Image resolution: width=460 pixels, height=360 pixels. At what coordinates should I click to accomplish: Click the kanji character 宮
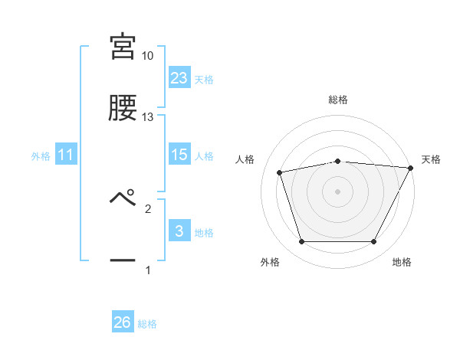123,47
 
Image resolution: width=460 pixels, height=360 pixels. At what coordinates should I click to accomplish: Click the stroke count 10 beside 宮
147,56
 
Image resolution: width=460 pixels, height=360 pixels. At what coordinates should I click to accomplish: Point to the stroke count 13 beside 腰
147,117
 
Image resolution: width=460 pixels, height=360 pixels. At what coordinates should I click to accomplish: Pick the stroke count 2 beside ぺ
148,208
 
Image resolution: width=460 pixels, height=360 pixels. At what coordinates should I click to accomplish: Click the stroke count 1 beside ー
148,270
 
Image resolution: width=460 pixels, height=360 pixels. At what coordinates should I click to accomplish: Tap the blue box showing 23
179,78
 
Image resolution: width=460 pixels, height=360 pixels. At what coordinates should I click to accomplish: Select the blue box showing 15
179,155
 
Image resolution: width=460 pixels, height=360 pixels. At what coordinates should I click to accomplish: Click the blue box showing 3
179,231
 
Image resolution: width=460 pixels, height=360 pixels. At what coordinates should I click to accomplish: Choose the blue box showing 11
66,155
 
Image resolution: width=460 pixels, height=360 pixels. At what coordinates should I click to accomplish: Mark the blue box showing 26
123,322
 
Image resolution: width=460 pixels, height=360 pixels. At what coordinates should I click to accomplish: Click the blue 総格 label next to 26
147,324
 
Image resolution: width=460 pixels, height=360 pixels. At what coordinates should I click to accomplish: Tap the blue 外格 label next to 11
41,156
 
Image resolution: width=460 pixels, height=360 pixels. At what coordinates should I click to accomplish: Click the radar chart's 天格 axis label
432,159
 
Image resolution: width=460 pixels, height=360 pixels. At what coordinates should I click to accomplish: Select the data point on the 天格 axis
411,168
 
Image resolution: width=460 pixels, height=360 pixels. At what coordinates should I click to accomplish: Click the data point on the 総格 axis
338,161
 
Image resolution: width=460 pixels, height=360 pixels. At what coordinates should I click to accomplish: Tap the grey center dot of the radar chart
338,191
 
